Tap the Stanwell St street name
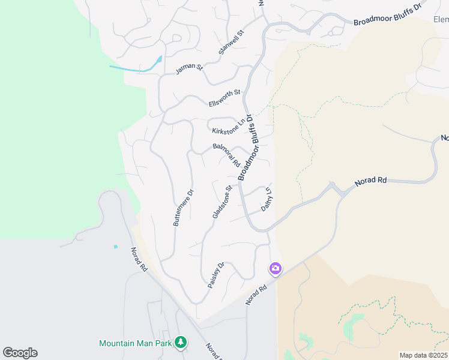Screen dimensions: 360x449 click(232, 43)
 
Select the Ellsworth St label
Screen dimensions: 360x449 click(224, 98)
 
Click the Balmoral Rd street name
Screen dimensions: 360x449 click(226, 155)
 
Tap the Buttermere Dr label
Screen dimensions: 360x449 click(184, 208)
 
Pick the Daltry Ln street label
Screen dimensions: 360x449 click(267, 200)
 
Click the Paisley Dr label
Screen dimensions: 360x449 click(216, 274)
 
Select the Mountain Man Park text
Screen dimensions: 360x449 click(136, 343)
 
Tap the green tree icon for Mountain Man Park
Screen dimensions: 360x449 click(180, 343)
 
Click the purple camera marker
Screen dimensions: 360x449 click(276, 268)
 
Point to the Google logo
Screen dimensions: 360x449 click(20, 353)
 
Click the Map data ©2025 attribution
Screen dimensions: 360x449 click(423, 355)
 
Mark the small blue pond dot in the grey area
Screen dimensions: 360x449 click(115, 246)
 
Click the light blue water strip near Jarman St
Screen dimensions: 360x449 click(138, 67)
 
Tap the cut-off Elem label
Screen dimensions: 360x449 click(441, 19)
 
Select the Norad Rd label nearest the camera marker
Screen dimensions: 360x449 click(256, 294)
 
